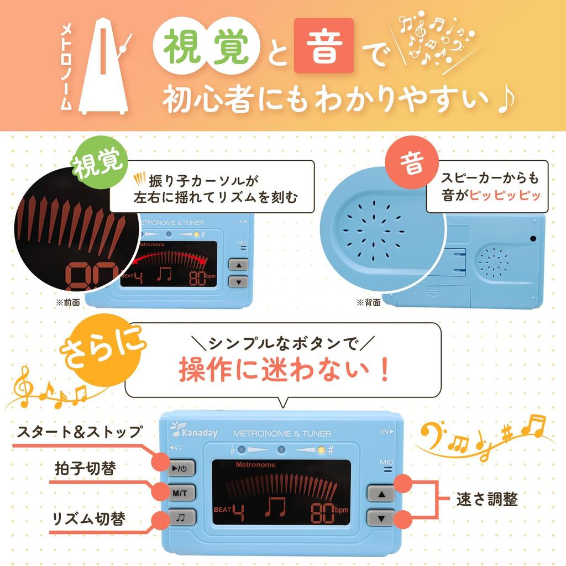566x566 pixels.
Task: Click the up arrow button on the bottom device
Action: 381,492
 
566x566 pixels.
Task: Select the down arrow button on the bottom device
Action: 381,518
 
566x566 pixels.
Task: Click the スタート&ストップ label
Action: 79,432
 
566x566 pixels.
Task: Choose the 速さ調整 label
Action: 487,499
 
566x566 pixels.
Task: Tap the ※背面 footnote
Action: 368,302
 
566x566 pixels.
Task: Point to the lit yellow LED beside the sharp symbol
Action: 321,449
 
